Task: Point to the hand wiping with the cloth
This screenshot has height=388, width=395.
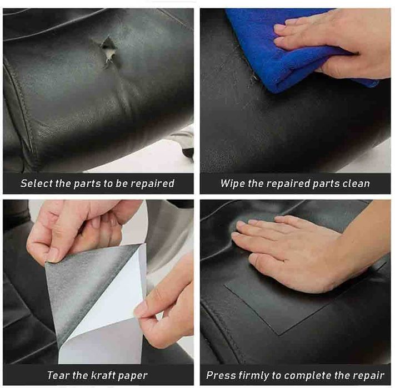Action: coord(333,43)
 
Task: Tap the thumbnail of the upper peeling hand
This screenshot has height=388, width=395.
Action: coord(53,257)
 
